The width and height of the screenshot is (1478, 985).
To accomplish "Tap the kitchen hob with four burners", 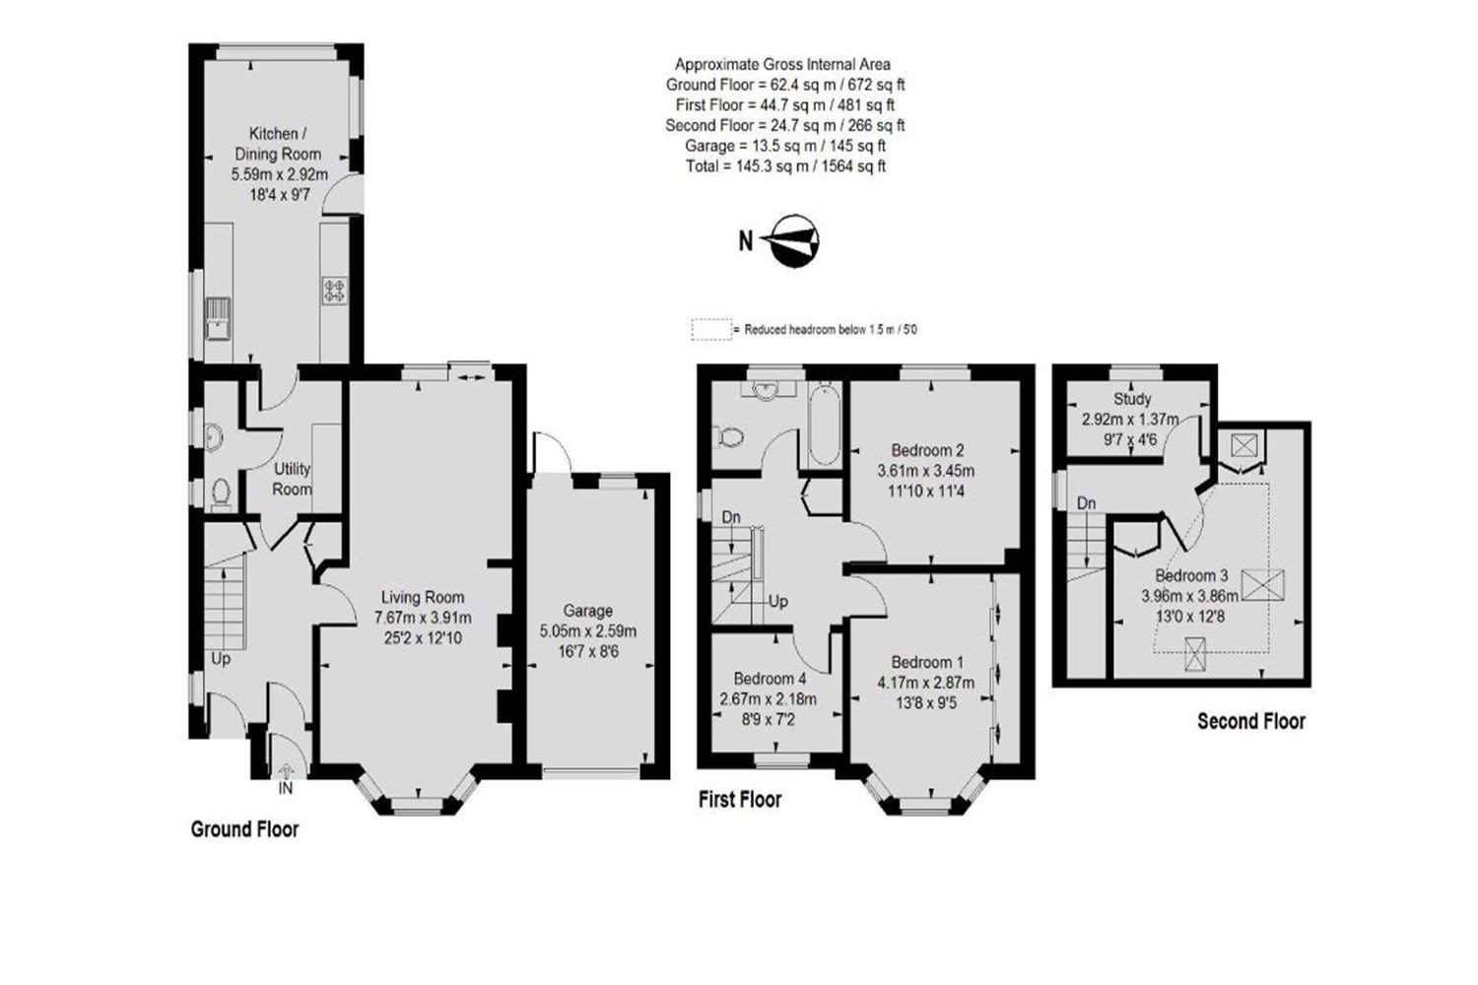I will tap(334, 291).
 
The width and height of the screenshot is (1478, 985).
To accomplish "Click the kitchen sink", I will tap(214, 317).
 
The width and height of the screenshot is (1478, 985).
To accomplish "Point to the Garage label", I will tap(587, 611).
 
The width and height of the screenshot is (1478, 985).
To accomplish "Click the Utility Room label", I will tap(293, 479).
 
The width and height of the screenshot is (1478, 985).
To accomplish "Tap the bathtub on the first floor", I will tap(823, 428).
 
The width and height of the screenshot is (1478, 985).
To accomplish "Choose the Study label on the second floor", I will tap(1132, 399).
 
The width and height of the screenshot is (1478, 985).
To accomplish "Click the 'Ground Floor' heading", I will tap(244, 829).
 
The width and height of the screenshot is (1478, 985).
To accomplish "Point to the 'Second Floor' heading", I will tap(1250, 721).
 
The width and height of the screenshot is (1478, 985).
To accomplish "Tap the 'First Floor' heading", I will tap(739, 799).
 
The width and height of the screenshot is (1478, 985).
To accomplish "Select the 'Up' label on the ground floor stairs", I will tap(220, 658).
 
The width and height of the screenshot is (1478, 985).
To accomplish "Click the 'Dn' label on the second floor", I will tap(1086, 503).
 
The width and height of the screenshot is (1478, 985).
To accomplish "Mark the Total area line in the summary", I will tap(784, 166).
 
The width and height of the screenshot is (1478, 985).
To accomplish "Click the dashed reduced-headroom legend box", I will tap(711, 330).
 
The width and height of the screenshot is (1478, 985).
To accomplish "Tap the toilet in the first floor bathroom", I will tap(729, 434).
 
